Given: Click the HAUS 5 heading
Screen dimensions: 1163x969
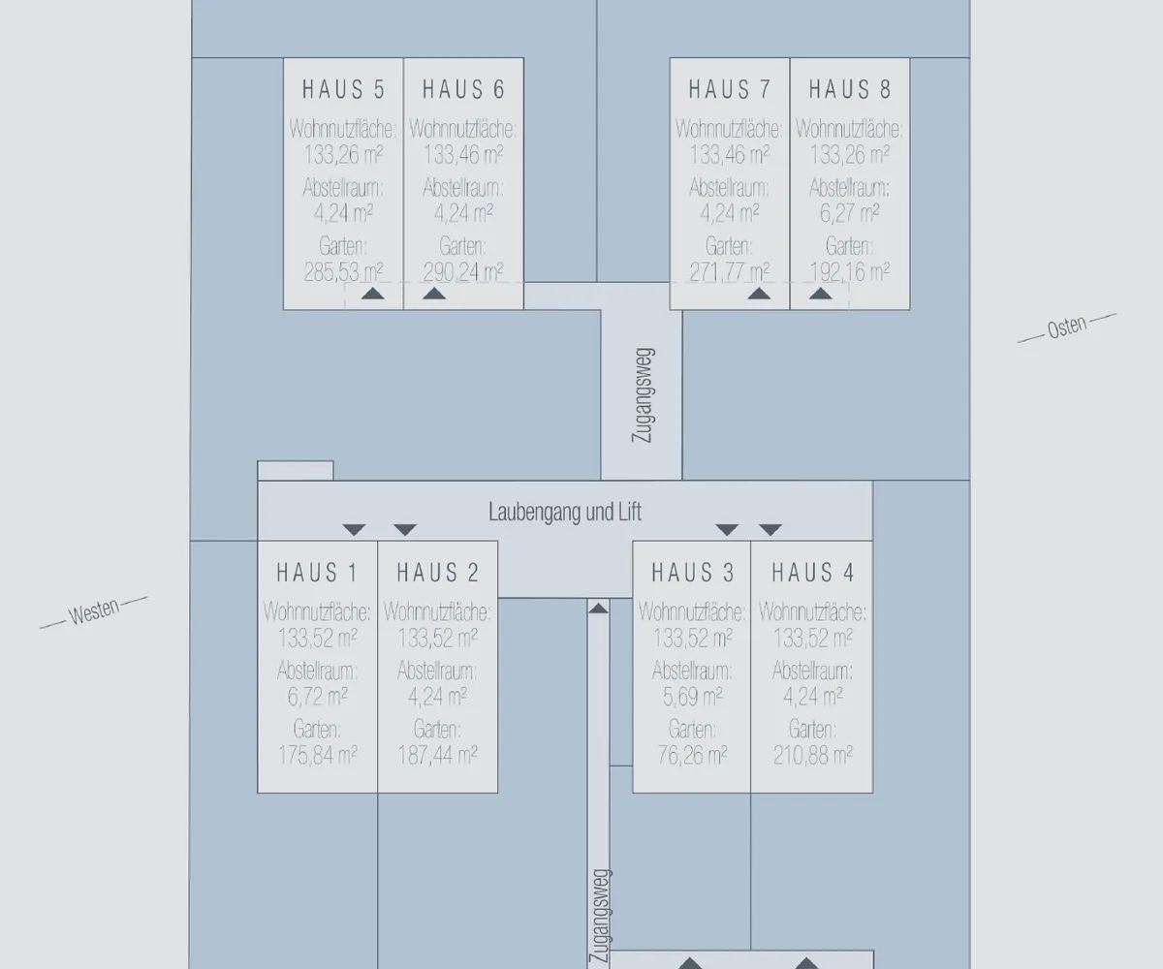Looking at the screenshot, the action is pyautogui.click(x=343, y=90).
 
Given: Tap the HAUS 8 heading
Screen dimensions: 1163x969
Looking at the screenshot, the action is pyautogui.click(x=849, y=90).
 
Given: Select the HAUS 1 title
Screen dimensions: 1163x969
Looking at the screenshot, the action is pyautogui.click(x=317, y=573).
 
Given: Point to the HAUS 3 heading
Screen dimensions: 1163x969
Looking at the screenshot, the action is pyautogui.click(x=692, y=573).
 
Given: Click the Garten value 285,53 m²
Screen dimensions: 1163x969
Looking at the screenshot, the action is pyautogui.click(x=343, y=272).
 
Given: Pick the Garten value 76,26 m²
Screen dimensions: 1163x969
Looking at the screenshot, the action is pyautogui.click(x=692, y=755).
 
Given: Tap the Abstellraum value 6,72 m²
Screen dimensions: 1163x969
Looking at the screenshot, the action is pyautogui.click(x=318, y=697).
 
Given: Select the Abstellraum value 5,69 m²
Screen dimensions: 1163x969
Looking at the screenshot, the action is pyautogui.click(x=692, y=697).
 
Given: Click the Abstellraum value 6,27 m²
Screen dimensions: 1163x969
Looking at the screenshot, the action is pyautogui.click(x=849, y=213).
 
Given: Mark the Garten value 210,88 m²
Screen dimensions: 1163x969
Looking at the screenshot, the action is pyautogui.click(x=813, y=755).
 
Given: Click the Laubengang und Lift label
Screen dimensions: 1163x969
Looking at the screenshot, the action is pyautogui.click(x=565, y=512).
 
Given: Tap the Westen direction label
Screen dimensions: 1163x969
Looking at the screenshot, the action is pyautogui.click(x=94, y=612).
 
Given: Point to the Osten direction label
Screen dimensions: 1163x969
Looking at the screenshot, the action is pyautogui.click(x=1067, y=328).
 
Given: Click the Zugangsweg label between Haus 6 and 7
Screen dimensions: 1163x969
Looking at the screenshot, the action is pyautogui.click(x=643, y=395).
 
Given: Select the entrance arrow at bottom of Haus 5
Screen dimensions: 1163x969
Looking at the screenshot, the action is pyautogui.click(x=372, y=294).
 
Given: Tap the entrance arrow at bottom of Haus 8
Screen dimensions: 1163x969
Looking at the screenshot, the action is pyautogui.click(x=821, y=294).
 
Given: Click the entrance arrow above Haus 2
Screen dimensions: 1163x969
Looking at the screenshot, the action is pyautogui.click(x=405, y=530).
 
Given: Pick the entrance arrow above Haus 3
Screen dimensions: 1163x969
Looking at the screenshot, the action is pyautogui.click(x=727, y=530).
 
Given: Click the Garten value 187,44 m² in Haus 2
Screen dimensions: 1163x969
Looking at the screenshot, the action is pyautogui.click(x=437, y=755).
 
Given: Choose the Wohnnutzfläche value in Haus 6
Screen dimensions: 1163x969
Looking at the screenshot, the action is pyautogui.click(x=463, y=154).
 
